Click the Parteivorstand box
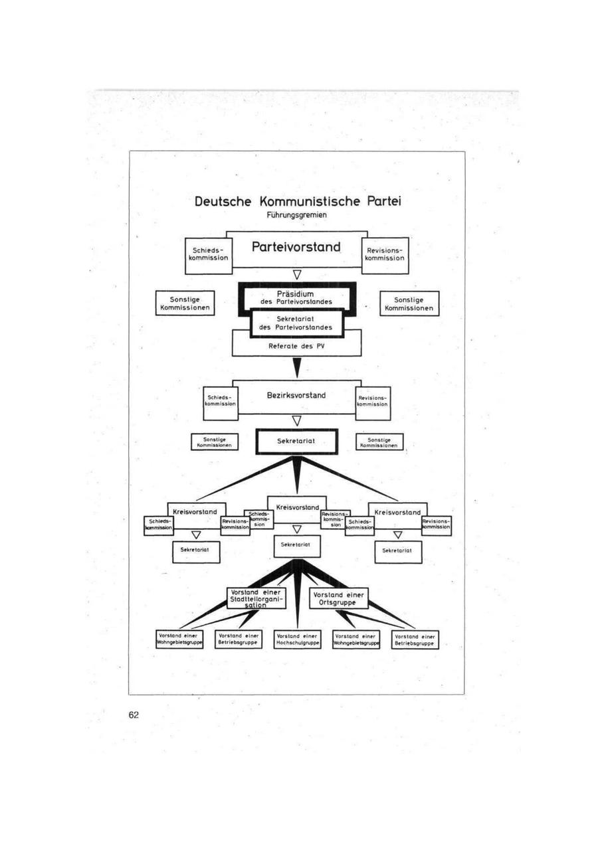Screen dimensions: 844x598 click(296, 248)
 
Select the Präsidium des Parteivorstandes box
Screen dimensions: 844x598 click(296, 295)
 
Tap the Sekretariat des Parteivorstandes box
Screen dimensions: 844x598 click(296, 322)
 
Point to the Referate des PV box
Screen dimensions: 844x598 click(296, 346)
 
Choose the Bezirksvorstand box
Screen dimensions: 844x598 click(296, 396)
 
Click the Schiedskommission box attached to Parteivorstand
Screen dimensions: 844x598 click(208, 255)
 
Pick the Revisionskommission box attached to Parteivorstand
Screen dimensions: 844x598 click(385, 255)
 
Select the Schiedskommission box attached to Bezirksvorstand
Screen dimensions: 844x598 click(221, 403)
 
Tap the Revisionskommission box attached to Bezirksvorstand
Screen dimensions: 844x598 click(373, 403)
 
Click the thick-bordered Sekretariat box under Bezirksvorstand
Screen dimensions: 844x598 click(296, 441)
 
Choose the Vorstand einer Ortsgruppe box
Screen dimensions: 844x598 click(338, 598)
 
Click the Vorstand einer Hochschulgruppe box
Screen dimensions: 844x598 click(297, 639)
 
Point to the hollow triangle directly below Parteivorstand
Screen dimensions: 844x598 click(297, 274)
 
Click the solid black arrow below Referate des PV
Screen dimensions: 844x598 click(297, 367)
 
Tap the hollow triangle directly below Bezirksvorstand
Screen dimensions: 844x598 click(297, 420)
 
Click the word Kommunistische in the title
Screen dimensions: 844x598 click(310, 201)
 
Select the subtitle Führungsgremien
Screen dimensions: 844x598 click(296, 215)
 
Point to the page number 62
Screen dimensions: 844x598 click(134, 715)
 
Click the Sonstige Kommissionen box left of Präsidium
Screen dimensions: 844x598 click(185, 303)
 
